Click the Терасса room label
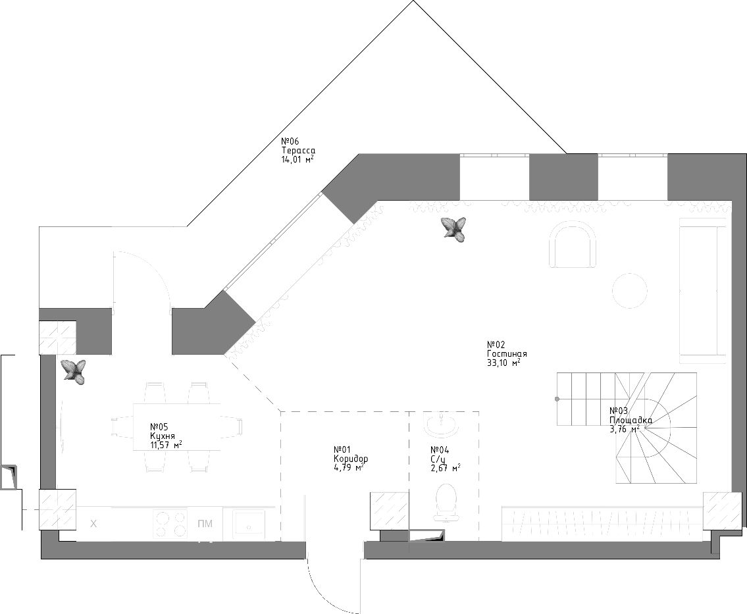(298, 151)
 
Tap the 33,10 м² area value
(503, 363)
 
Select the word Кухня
(163, 436)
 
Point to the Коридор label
(351, 459)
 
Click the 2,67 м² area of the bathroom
(446, 468)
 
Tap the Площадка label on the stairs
(631, 420)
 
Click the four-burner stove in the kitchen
(170, 524)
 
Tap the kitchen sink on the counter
(249, 524)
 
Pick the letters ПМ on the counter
(205, 524)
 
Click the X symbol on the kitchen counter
(94, 524)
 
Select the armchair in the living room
(573, 246)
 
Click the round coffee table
(629, 291)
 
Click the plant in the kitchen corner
(73, 372)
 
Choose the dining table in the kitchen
(177, 427)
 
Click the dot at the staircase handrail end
(557, 399)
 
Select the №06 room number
(290, 141)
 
